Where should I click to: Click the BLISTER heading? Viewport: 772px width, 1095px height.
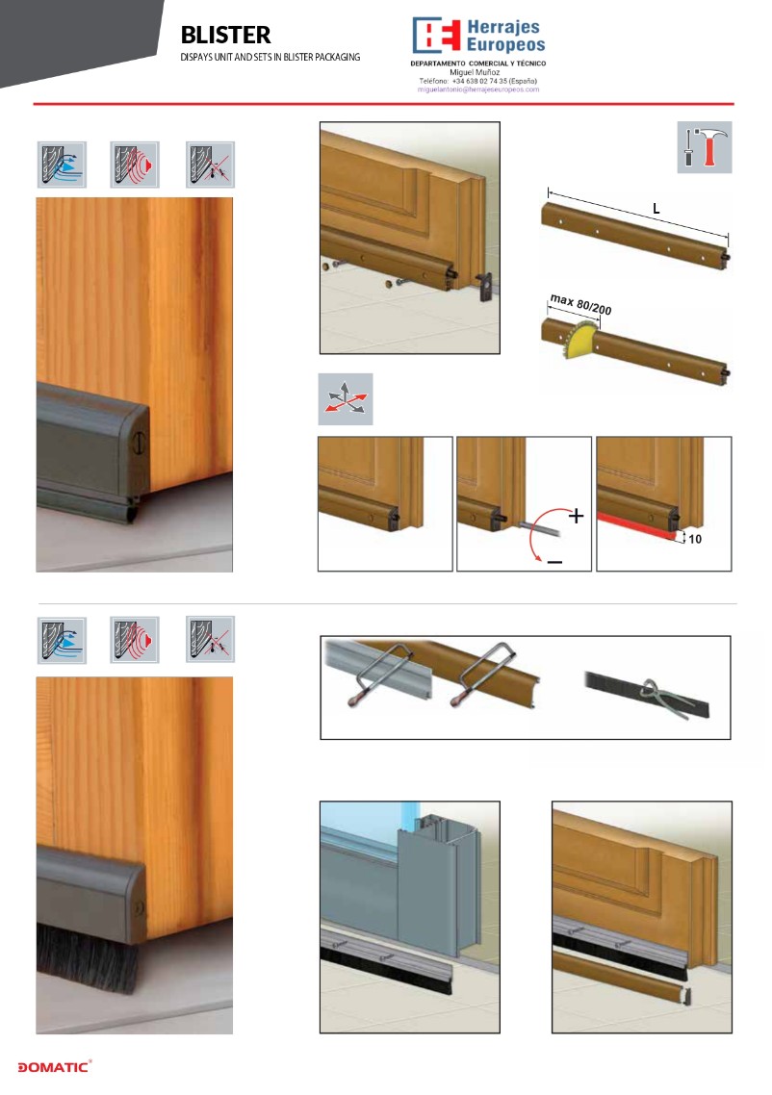[225, 35]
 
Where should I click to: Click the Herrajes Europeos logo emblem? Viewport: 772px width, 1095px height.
[437, 35]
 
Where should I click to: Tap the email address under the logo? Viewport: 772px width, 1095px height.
[477, 89]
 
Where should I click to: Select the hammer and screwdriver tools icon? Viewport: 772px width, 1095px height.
[705, 147]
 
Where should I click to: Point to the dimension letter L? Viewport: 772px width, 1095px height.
[656, 208]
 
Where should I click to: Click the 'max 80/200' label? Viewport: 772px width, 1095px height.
[580, 304]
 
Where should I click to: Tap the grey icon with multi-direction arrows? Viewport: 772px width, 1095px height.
[346, 399]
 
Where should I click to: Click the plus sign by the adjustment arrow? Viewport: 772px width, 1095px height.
[576, 516]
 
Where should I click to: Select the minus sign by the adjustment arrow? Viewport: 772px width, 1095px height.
[554, 562]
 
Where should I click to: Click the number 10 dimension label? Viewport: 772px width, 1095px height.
[694, 539]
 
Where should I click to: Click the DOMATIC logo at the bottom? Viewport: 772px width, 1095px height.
[55, 1066]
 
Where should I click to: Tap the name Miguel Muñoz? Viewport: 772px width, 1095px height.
[475, 72]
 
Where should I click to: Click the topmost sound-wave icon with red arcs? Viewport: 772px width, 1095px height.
[135, 165]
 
